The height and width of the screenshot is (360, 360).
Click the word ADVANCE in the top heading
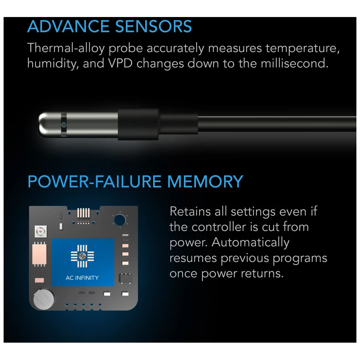(x=68, y=27)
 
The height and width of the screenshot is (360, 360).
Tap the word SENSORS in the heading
(x=153, y=27)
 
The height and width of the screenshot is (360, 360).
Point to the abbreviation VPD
(x=120, y=63)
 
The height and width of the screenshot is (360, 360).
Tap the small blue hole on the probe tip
(x=64, y=125)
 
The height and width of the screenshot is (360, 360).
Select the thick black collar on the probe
(x=138, y=124)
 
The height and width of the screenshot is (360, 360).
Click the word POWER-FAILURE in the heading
(x=95, y=182)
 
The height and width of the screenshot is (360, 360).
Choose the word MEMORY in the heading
(x=205, y=182)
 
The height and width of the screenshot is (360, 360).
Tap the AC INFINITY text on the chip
(x=82, y=278)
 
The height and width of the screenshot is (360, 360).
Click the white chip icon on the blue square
(x=82, y=256)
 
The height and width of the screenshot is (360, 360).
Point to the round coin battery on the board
(x=44, y=299)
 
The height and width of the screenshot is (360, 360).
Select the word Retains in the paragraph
(x=190, y=211)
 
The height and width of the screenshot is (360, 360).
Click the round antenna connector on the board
(x=41, y=231)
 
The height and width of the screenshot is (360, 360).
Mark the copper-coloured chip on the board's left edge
(x=40, y=255)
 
